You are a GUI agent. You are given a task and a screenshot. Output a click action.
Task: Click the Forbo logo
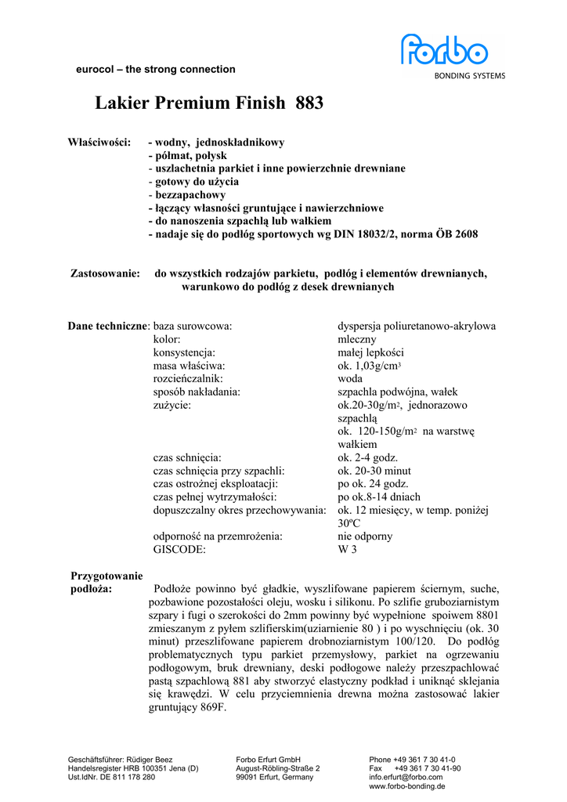pos(444,50)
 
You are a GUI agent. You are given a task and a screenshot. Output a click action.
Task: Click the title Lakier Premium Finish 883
pos(209,103)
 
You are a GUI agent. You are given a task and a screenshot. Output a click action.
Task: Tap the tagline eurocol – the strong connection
pos(155,69)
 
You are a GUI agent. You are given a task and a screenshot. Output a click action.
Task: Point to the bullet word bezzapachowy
pos(190,194)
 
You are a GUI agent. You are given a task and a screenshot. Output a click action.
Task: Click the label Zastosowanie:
pos(105,273)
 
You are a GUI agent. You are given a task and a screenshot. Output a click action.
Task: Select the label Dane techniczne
pos(108,326)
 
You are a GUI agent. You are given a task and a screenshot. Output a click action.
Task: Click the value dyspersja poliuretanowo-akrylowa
pos(416,326)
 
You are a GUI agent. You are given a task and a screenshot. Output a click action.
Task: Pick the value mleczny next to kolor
pos(356,339)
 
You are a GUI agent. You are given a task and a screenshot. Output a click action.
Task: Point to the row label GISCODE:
pos(179,550)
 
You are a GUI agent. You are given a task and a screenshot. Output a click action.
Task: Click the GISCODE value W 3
pos(347,550)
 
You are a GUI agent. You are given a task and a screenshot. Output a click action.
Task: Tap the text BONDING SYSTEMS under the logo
pos(470,76)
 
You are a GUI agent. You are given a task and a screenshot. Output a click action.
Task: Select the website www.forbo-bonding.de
pos(407,786)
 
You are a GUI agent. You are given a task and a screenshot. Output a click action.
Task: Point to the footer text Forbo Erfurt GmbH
pos(269,759)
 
